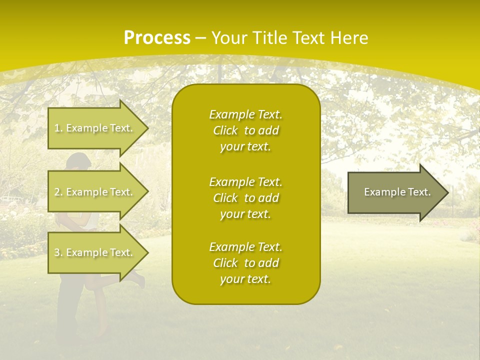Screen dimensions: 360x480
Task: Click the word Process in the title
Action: [157, 37]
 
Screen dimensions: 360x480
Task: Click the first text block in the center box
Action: [245, 130]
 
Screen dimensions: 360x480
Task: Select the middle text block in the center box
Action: [245, 198]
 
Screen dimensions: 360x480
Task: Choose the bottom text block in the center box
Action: [245, 263]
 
